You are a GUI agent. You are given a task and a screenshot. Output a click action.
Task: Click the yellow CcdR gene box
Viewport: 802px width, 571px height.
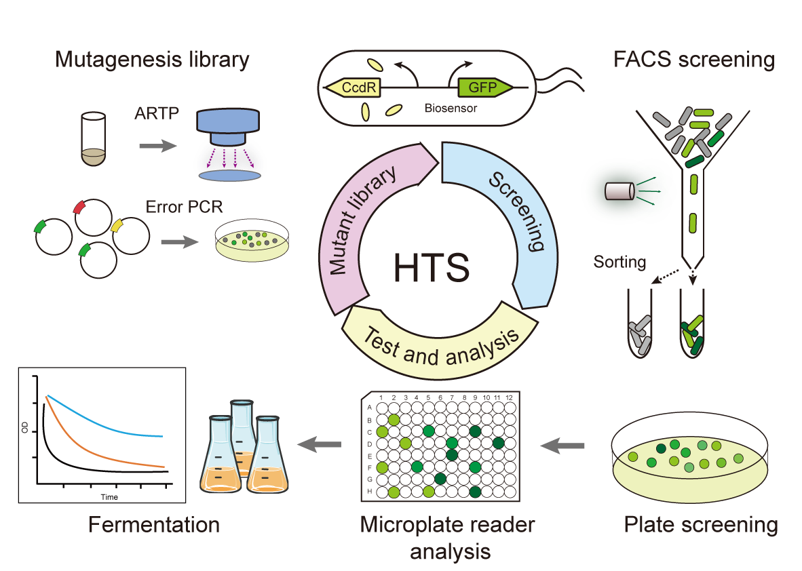tap(352, 87)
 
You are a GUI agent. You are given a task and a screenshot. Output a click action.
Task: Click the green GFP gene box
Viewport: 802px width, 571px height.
tap(482, 87)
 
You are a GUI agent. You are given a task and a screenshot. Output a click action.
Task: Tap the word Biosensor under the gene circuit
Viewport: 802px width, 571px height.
tap(451, 107)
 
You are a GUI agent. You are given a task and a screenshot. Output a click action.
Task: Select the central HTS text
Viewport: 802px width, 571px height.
tap(431, 267)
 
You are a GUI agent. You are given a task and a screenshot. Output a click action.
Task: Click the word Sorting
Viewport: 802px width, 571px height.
tap(618, 261)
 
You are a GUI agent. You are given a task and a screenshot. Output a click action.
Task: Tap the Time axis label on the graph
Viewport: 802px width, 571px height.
tap(109, 497)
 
